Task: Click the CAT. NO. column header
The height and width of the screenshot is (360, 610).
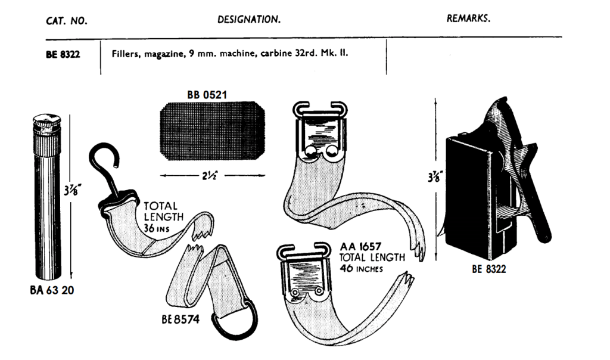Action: [x=67, y=21]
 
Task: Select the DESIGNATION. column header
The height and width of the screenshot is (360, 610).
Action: [x=249, y=20]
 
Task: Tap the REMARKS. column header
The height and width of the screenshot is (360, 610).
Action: [x=469, y=18]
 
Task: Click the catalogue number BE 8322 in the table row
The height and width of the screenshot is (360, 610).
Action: [x=63, y=53]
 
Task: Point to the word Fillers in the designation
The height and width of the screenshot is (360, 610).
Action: [x=125, y=52]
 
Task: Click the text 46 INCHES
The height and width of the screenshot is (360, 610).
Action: [x=361, y=268]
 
